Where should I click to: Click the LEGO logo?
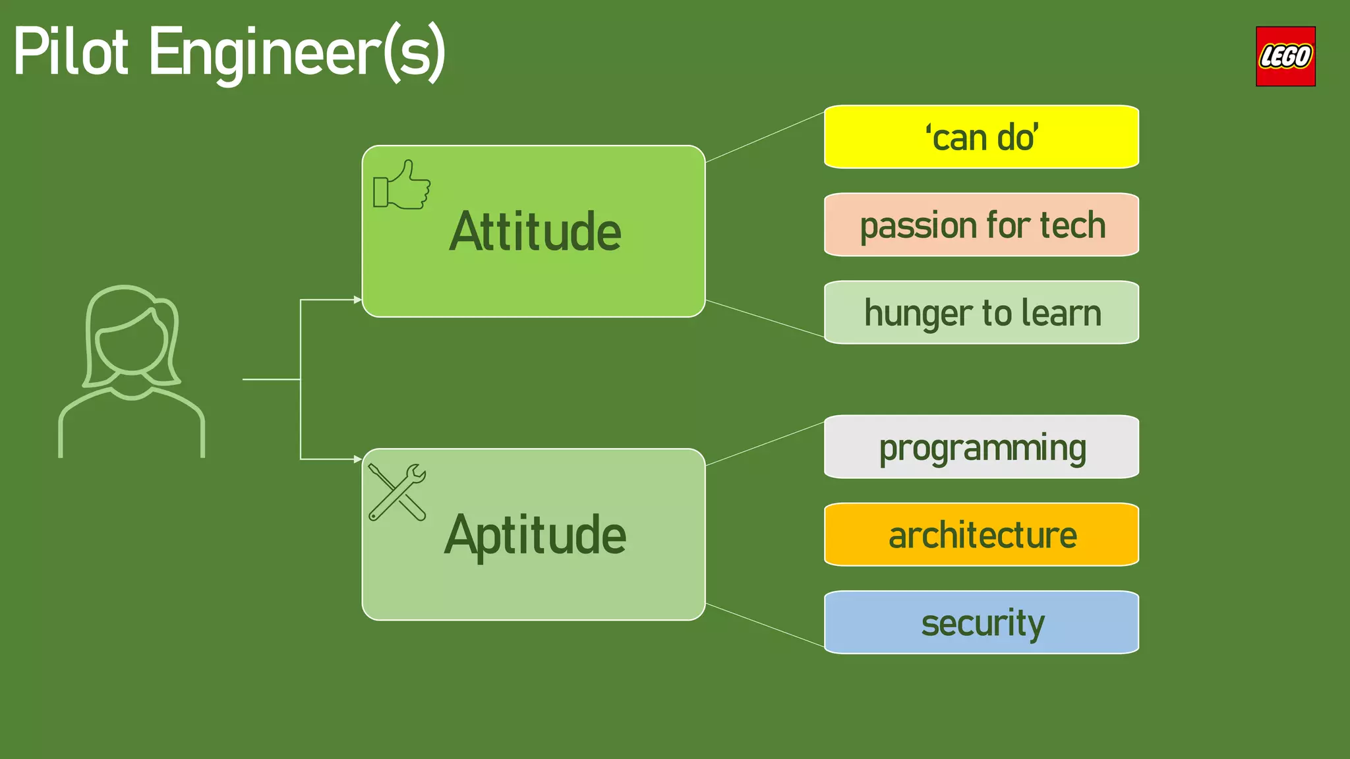(1285, 57)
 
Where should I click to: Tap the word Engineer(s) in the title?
(297, 54)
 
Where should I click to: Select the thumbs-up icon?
(401, 185)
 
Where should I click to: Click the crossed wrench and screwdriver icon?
(397, 492)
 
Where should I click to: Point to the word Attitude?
(535, 232)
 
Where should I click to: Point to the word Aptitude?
(535, 535)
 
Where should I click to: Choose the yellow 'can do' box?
(981, 137)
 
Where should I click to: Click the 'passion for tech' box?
(981, 225)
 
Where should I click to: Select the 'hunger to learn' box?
(981, 313)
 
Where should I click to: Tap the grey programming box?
(981, 447)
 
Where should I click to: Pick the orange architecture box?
(981, 535)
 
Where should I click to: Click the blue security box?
(981, 623)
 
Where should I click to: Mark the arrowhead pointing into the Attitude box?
(357, 300)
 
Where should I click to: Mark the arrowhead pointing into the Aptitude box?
(357, 459)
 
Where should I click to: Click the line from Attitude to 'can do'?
(765, 137)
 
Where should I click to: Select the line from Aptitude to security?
(765, 625)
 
